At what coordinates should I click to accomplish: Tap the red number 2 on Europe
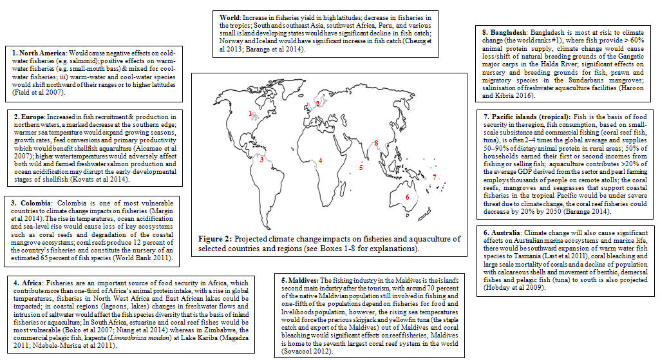(317, 103)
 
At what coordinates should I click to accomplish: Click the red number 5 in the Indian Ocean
(361, 167)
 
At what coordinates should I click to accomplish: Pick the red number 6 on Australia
(406, 197)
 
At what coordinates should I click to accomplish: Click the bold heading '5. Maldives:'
(299, 280)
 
